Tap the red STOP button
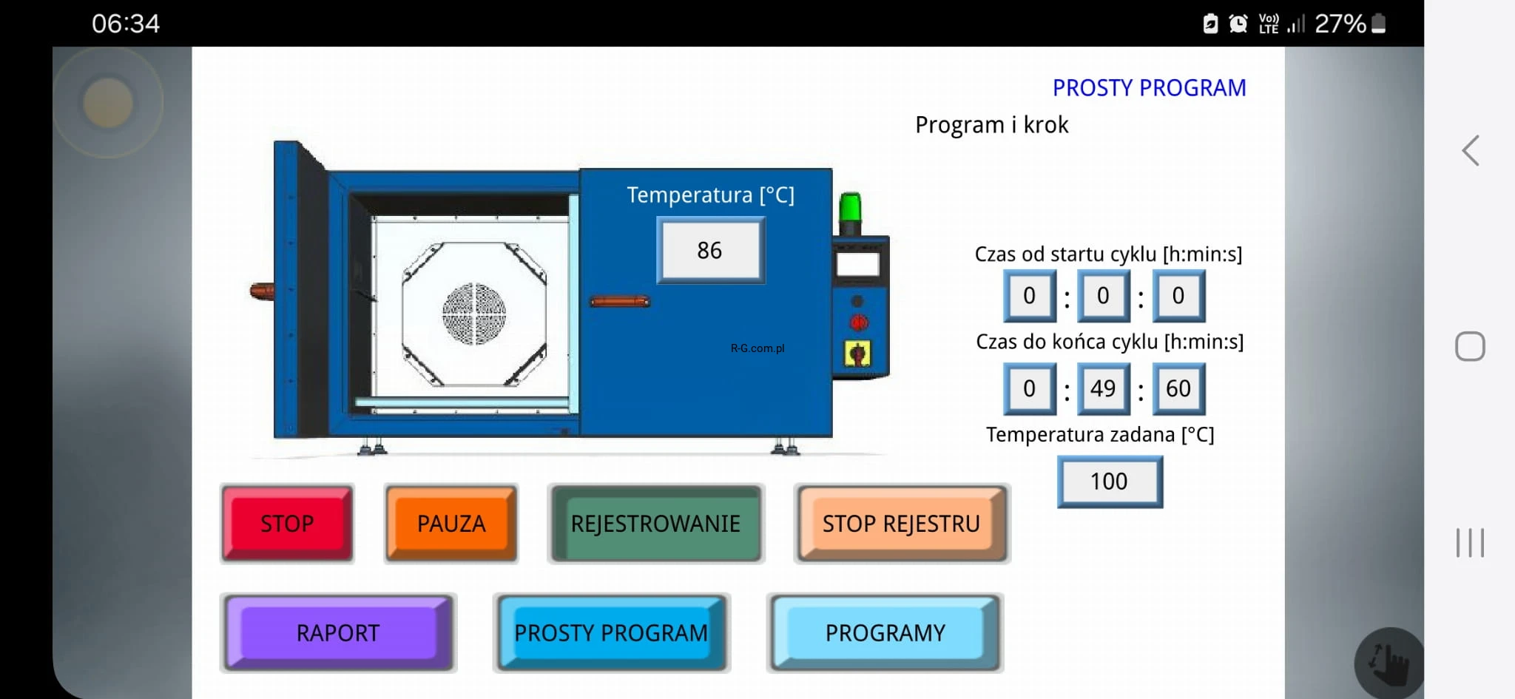287,524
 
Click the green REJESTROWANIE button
655,524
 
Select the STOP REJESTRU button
902,524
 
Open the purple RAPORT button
338,633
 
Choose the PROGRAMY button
885,633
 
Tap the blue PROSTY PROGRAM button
612,633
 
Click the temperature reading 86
710,251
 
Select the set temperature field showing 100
1110,482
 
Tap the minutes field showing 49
1103,388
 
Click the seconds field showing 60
1178,388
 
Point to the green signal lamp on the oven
851,208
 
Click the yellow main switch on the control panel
857,354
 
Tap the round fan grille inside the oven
474,314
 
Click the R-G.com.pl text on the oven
757,348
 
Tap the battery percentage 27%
1340,24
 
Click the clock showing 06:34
126,24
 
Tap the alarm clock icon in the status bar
1238,24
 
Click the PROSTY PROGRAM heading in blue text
1150,88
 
